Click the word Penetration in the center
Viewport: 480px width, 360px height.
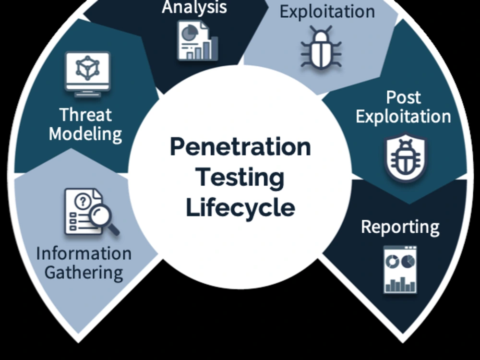pyautogui.click(x=240, y=147)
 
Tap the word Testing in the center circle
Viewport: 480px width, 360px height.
pyautogui.click(x=240, y=178)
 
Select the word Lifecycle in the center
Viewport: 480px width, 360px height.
pyautogui.click(x=240, y=208)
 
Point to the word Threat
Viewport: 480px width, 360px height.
pyautogui.click(x=85, y=115)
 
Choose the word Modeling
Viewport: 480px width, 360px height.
pyautogui.click(x=85, y=134)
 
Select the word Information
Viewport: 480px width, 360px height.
pyautogui.click(x=84, y=253)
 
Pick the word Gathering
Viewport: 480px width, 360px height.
pyautogui.click(x=84, y=272)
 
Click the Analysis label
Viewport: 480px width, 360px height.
pyautogui.click(x=194, y=7)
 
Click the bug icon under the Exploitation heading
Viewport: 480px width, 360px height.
pyautogui.click(x=321, y=48)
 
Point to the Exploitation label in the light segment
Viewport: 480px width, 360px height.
pyautogui.click(x=327, y=12)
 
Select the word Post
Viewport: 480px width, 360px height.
pyautogui.click(x=403, y=97)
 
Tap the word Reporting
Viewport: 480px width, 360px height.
pyautogui.click(x=400, y=227)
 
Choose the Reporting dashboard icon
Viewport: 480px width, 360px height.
pyautogui.click(x=400, y=269)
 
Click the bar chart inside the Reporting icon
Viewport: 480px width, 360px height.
pyautogui.click(x=400, y=284)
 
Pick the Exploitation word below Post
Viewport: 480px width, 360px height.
pyautogui.click(x=403, y=117)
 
